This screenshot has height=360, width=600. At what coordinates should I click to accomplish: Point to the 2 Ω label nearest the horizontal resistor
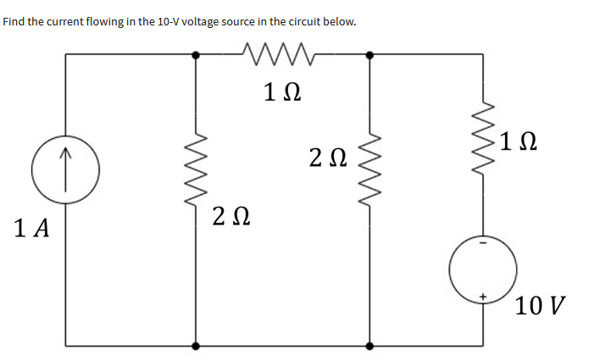point(326,157)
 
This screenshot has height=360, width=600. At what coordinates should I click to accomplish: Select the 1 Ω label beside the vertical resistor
point(517,140)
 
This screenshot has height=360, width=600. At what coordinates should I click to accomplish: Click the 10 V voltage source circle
point(484,269)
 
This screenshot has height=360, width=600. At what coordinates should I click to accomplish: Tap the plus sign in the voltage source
point(484,296)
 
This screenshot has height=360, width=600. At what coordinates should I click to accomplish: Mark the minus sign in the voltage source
point(484,242)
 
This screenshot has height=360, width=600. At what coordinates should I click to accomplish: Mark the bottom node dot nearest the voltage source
point(369,346)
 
